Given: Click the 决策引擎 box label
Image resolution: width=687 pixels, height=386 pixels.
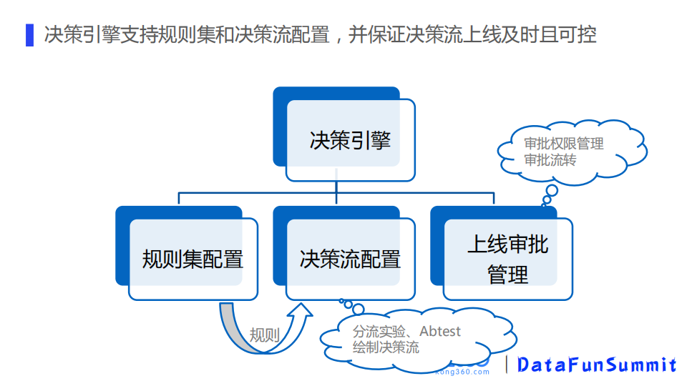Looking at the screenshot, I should pos(350,139).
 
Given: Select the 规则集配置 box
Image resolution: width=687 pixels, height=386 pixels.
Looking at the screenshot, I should pos(193,259).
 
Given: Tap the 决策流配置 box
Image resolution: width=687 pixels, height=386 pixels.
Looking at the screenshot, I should pos(350,259).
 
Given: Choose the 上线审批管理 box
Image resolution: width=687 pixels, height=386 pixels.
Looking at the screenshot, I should pos(507,259).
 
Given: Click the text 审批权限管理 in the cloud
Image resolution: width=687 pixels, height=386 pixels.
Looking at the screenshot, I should pos(564,144).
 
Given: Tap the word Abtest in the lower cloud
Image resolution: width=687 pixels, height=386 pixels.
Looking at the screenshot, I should pos(440,332).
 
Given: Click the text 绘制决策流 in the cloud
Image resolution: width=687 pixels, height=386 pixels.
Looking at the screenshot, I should pos(386,348).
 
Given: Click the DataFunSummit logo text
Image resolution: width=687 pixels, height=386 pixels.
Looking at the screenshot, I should pos(597,365).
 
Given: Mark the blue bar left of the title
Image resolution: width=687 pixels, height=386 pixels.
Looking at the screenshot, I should pos(29,34).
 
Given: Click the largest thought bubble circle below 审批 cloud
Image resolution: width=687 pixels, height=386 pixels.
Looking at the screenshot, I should pos(552,191).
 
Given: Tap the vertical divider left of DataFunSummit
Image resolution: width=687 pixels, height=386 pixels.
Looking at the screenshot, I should pos(507,365).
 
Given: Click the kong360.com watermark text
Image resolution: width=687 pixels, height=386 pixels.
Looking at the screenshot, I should pos(462,372).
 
